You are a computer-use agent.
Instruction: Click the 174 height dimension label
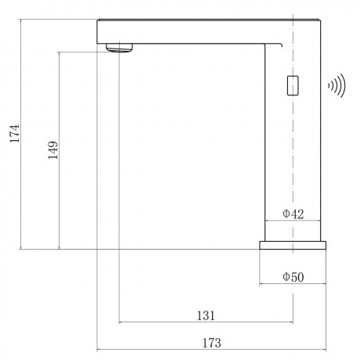(x=15, y=133)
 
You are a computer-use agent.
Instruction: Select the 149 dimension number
(x=53, y=150)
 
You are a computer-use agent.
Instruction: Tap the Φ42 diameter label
(x=293, y=214)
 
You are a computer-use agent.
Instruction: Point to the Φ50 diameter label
(x=293, y=277)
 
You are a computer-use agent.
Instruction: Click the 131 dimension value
(x=206, y=315)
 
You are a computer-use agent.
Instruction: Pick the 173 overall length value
(x=212, y=343)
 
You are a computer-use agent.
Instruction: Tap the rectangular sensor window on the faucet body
(x=293, y=85)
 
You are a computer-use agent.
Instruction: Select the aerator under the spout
(x=120, y=48)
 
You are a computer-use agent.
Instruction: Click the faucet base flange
(x=293, y=245)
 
